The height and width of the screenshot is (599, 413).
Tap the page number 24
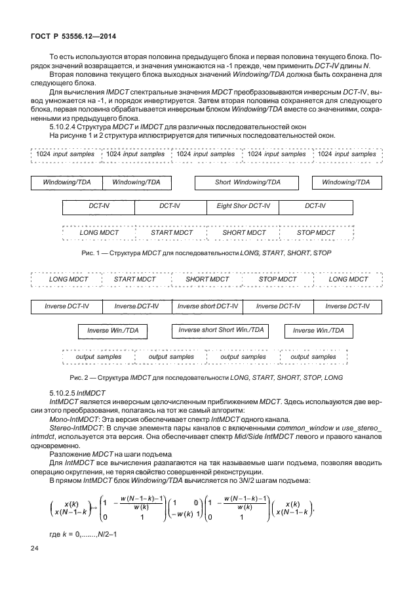tap(35, 566)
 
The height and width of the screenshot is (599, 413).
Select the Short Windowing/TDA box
tap(248, 182)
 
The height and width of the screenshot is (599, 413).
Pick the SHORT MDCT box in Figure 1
tap(244, 233)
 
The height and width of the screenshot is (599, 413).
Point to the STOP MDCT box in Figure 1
tap(316, 233)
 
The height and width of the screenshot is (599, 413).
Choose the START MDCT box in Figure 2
tap(134, 279)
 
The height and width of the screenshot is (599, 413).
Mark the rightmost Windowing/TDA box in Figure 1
tap(345, 182)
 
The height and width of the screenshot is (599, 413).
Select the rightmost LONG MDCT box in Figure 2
tap(348, 279)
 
